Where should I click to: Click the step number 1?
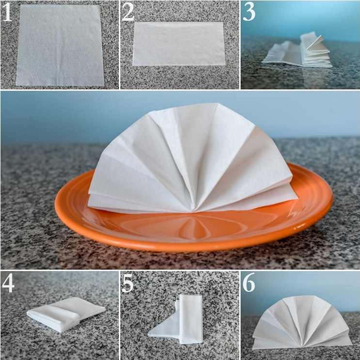7,13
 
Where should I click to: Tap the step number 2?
127,13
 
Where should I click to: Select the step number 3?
249,13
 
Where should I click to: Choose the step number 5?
127,283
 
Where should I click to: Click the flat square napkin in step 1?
60,45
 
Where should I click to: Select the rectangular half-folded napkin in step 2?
179,44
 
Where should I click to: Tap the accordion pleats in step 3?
316,50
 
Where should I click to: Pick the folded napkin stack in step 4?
66,313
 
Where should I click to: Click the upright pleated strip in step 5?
190,319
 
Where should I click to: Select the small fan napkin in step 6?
302,321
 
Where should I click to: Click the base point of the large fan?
192,211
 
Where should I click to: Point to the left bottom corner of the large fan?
88,205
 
